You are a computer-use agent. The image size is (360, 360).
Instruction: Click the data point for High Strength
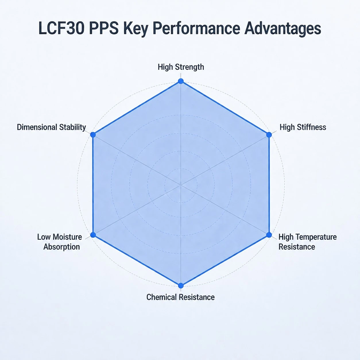point(181,81)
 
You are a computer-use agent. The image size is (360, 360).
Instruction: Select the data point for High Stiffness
point(269,135)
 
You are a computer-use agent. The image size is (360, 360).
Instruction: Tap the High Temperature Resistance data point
point(269,235)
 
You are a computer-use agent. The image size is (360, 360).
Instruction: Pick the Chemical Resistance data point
point(181,286)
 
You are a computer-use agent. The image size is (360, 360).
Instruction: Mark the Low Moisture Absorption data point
point(93,235)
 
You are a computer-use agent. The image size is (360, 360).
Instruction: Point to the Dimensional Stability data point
point(93,135)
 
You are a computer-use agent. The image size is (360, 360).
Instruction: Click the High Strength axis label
point(181,67)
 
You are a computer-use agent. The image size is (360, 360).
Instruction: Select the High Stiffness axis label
point(303,127)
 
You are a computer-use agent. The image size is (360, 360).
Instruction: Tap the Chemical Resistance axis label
point(181,297)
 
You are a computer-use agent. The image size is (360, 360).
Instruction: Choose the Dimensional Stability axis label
point(51,127)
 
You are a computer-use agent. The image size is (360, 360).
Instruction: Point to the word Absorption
point(62,247)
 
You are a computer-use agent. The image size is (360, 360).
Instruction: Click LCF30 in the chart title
point(61,28)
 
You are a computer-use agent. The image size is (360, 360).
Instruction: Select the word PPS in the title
point(104,28)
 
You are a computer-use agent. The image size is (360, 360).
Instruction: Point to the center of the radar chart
point(181,185)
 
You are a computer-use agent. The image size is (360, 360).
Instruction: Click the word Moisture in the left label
point(67,237)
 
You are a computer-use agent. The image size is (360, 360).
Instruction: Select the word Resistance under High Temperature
point(297,247)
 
